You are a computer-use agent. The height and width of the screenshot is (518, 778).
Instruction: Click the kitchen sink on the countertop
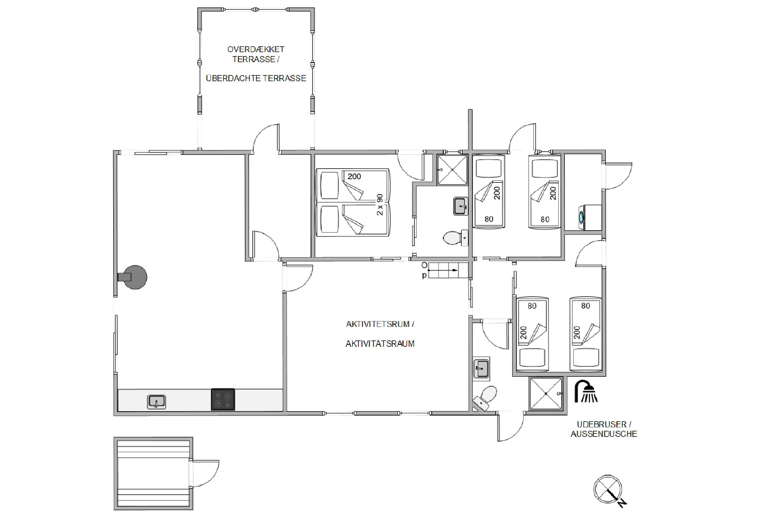tap(156, 402)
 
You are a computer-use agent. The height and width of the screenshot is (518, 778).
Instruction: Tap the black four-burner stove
tap(223, 399)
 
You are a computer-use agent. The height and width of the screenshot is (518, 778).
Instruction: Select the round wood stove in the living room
tap(133, 277)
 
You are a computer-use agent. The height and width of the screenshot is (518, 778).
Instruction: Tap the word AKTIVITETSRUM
tap(378, 324)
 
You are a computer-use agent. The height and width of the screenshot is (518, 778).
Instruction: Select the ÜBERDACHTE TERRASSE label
tap(256, 78)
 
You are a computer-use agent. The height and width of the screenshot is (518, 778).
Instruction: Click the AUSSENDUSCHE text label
tap(604, 434)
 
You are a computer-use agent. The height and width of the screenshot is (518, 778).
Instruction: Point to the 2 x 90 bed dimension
tap(380, 205)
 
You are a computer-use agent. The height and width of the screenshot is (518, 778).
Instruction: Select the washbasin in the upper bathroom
tap(461, 206)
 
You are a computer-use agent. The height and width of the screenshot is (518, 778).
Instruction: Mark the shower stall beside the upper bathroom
tap(452, 170)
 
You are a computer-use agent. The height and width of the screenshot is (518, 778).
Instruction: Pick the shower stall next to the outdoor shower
tap(546, 393)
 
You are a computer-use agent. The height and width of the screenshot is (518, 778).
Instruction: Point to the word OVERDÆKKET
tap(256, 49)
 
